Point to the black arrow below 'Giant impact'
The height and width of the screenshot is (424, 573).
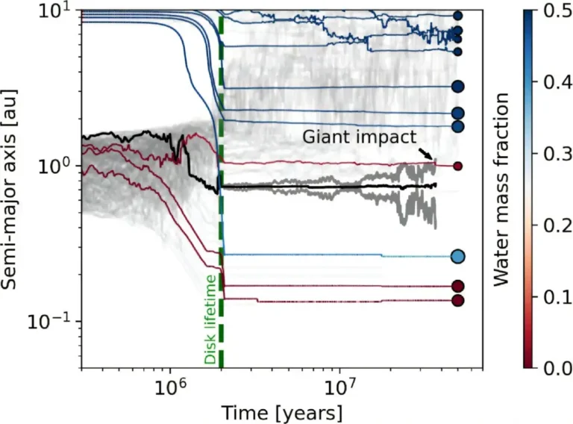[425, 153]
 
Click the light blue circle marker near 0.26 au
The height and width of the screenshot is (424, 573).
[458, 257]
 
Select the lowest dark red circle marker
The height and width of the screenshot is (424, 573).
[458, 300]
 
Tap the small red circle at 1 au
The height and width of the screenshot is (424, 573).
[458, 166]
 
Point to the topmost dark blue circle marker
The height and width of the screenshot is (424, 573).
[458, 15]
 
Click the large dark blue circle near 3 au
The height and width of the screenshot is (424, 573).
[458, 87]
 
